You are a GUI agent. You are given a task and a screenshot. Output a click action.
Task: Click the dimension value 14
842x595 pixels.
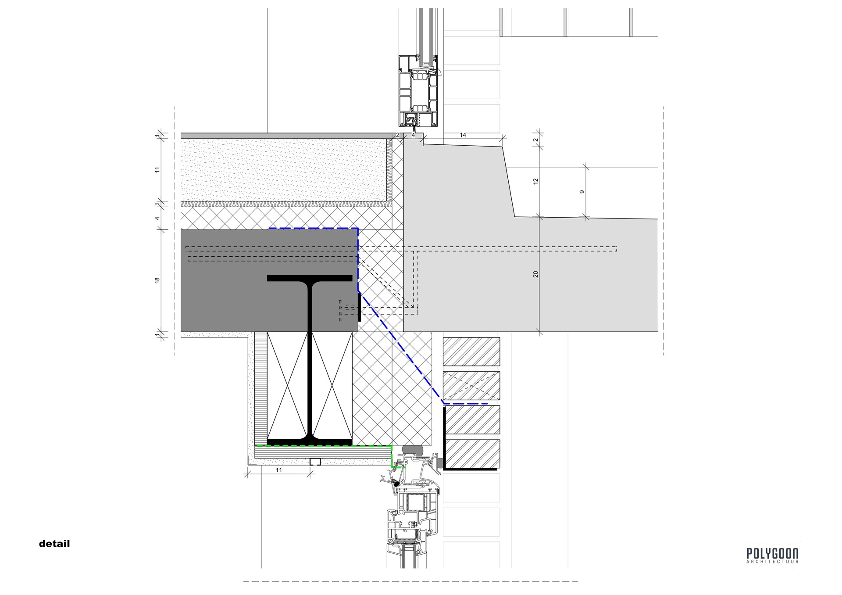click(x=463, y=135)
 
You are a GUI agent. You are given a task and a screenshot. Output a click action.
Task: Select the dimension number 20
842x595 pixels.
click(x=535, y=274)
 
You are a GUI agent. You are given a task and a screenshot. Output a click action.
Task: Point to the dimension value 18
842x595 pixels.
click(x=157, y=280)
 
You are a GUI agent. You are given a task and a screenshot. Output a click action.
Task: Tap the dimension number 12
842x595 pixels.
click(x=535, y=181)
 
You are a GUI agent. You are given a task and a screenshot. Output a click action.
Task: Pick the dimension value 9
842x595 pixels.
click(x=582, y=192)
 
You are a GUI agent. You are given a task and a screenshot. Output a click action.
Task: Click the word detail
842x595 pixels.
click(x=54, y=544)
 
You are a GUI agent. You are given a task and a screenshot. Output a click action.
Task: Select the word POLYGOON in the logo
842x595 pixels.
click(x=772, y=553)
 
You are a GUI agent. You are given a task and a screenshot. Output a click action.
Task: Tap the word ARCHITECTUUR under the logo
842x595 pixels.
click(x=772, y=562)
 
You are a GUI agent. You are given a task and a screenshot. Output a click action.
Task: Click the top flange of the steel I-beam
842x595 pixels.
click(x=310, y=278)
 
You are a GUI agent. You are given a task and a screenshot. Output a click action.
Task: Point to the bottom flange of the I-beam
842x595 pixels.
click(x=310, y=442)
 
